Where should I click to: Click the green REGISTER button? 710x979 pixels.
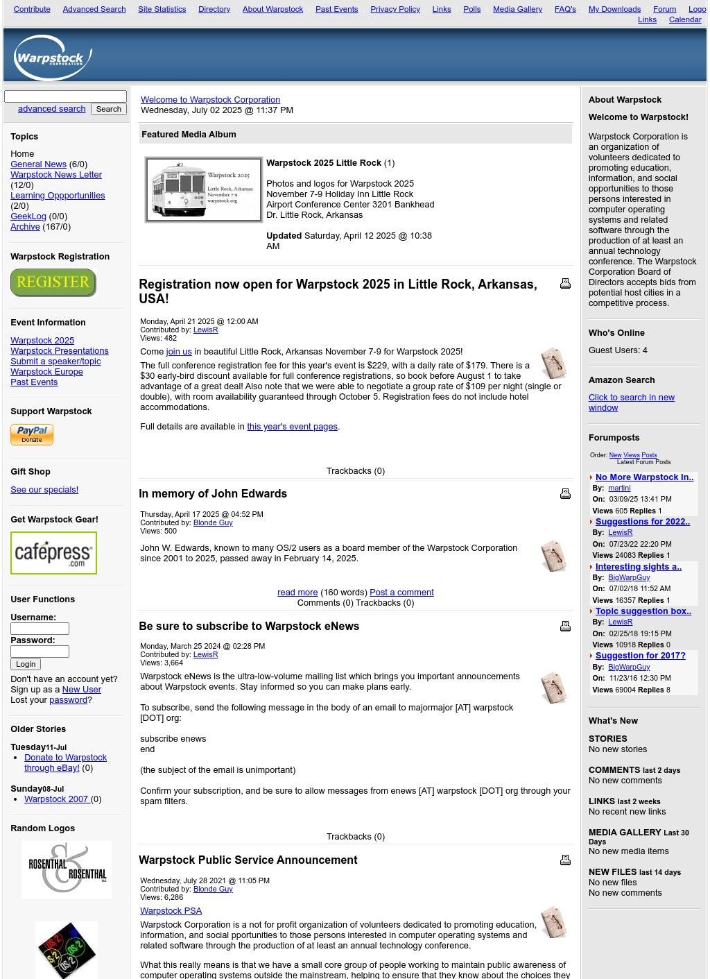53,282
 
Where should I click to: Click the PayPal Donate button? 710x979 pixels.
32,434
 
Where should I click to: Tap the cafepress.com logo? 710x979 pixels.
53,553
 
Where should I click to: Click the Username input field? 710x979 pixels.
40,629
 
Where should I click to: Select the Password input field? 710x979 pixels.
40,652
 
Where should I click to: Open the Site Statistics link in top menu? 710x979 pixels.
162,9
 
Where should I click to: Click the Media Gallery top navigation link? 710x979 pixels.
517,9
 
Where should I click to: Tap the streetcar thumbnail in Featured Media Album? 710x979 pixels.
203,189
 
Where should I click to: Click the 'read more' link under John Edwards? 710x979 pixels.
297,593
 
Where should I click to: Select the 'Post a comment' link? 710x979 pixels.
401,593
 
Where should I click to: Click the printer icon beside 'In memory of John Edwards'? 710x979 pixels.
565,493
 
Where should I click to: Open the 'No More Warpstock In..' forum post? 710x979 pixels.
644,477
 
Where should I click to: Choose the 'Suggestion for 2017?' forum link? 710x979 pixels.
640,656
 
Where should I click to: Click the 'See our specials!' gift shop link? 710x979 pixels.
44,490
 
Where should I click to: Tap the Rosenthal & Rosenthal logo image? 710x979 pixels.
67,869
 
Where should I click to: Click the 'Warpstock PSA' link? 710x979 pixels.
171,911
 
